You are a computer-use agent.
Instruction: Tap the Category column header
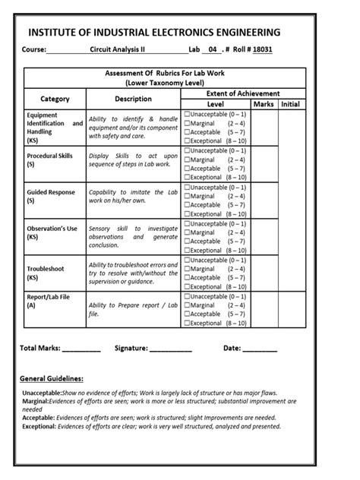point(55,99)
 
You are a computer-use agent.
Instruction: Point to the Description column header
point(133,99)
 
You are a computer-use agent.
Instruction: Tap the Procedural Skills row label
point(49,156)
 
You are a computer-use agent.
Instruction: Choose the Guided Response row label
point(51,193)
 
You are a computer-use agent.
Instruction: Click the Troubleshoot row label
point(46,268)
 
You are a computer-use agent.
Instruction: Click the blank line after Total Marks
point(81,349)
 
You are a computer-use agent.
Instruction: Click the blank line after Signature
point(170,349)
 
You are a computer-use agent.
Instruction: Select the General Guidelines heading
point(51,378)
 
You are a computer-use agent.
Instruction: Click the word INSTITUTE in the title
point(58,32)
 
